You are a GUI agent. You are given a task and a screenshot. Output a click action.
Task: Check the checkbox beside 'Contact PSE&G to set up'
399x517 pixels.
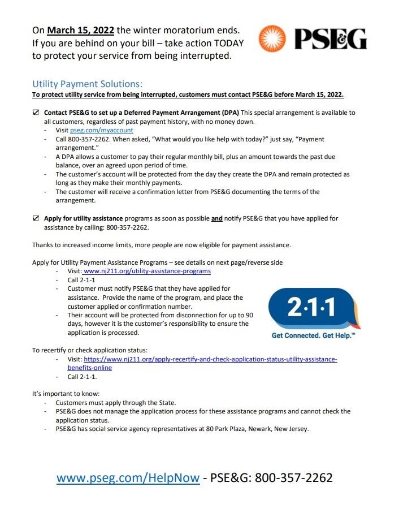[x=36, y=113]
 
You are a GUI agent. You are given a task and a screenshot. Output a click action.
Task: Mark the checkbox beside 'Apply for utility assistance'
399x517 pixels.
[x=36, y=218]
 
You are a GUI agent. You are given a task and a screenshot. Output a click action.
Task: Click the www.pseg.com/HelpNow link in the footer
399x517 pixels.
[x=128, y=478]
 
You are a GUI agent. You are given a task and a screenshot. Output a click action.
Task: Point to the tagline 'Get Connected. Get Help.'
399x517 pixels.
[x=313, y=335]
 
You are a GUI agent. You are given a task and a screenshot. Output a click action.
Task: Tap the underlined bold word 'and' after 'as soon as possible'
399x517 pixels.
[x=216, y=218]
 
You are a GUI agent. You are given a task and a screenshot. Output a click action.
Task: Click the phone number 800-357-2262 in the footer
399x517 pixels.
[x=293, y=478]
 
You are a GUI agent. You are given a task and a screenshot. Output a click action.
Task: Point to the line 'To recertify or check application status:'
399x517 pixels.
[x=90, y=350]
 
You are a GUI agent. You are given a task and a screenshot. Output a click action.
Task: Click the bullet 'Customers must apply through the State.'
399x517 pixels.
[x=116, y=403]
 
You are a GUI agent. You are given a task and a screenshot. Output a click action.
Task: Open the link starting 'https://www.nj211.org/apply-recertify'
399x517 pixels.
[x=210, y=359]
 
